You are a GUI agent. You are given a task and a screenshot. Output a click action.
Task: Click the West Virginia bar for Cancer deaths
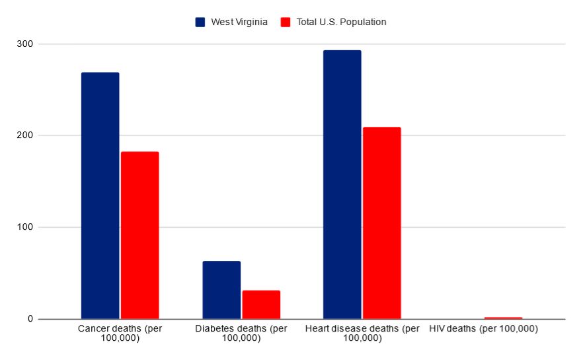point(100,196)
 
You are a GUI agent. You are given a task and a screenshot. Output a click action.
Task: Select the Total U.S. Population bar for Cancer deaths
point(139,235)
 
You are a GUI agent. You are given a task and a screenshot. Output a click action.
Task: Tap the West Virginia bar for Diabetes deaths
point(221,290)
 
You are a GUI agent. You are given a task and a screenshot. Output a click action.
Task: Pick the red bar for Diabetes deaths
point(261,305)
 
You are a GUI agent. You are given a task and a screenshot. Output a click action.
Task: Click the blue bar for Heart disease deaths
point(342,184)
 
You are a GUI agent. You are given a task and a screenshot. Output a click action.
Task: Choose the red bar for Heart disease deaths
point(381,223)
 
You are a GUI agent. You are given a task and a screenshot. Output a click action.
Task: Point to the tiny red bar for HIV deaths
point(503,318)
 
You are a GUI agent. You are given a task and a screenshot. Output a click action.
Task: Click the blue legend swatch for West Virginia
point(200,22)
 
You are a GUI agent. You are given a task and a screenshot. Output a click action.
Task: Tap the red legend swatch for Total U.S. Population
point(286,22)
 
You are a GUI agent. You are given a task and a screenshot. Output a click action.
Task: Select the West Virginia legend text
point(239,22)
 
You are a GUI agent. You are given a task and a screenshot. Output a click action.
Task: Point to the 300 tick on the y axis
point(26,44)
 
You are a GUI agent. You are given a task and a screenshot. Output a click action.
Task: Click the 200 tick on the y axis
point(26,135)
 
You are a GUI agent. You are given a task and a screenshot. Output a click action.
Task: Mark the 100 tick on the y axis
point(26,227)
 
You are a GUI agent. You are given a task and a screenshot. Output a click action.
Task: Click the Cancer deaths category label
point(120,333)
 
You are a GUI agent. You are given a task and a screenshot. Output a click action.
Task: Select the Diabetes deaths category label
point(241,333)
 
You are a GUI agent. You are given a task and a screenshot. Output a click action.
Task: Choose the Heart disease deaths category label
point(362,333)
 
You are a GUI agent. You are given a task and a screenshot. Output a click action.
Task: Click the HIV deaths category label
point(483,328)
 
